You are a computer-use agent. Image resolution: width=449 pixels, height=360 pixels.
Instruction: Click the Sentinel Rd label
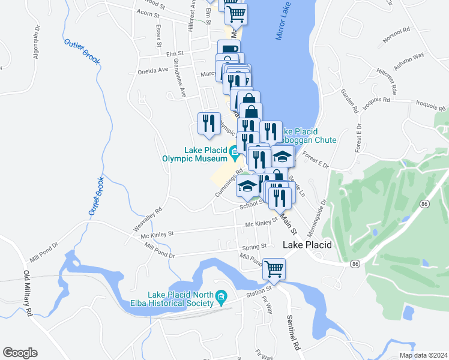[x=292, y=332]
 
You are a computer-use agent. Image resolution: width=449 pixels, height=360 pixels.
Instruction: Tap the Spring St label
[x=254, y=247]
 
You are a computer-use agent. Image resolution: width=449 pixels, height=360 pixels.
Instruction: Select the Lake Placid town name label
[x=307, y=245]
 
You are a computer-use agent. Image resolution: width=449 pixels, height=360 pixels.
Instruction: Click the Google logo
[x=20, y=353]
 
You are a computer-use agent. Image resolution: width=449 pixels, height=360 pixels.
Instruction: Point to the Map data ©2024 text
[x=423, y=355]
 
